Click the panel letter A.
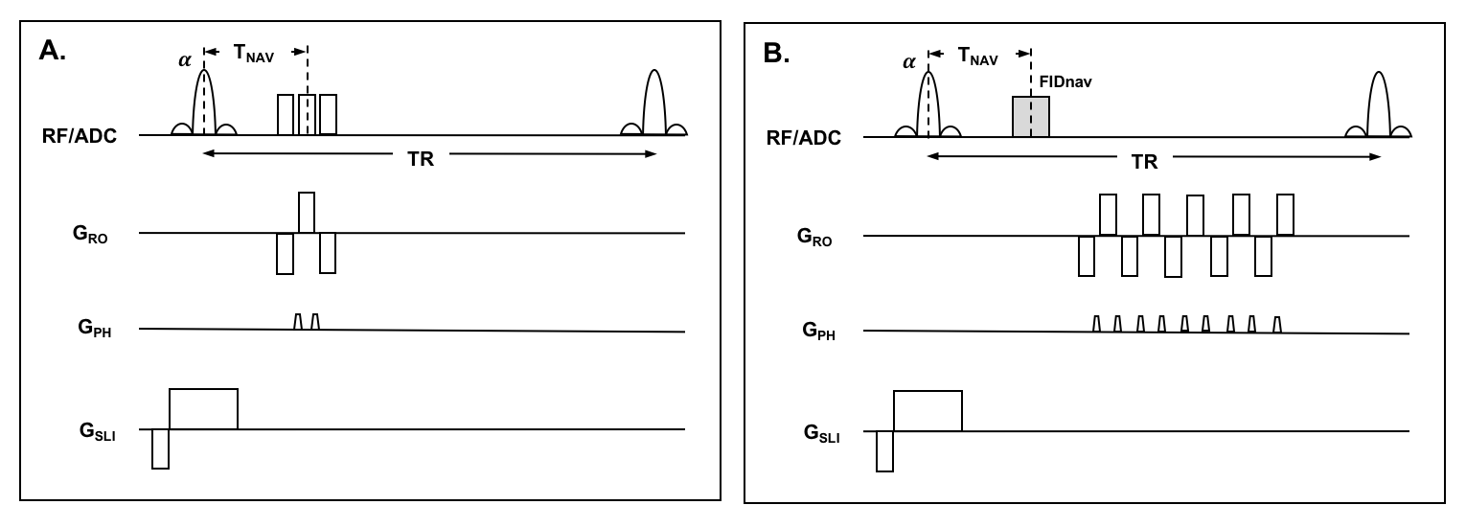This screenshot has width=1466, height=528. [x=51, y=52]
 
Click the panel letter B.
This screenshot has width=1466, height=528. [x=775, y=54]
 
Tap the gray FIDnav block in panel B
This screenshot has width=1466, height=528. [x=1031, y=116]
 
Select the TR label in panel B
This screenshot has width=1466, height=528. [x=1144, y=160]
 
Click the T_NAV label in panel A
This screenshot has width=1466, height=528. [x=253, y=56]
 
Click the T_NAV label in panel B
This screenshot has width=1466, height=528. [x=978, y=57]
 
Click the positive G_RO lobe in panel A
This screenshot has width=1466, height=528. [x=306, y=212]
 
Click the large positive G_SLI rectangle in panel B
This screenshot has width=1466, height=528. [x=927, y=411]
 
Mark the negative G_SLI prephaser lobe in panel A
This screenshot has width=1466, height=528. [x=160, y=448]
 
